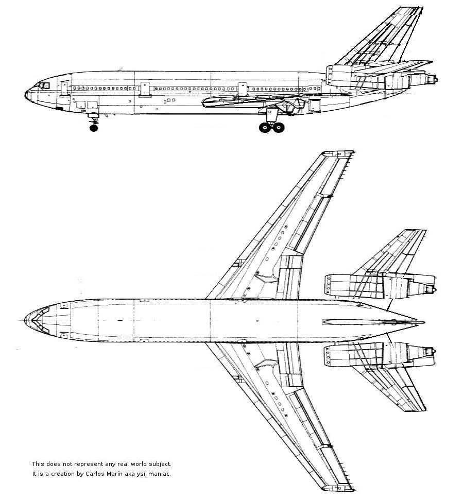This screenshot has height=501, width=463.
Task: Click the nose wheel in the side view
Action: coord(94,128)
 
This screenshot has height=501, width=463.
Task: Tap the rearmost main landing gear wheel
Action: coord(279,128)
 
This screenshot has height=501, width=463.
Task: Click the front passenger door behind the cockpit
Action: coord(64,89)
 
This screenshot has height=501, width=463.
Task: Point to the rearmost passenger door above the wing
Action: coord(243,89)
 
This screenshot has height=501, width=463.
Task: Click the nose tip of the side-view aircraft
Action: coord(26,94)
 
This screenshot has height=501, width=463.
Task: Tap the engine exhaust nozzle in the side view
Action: coord(433,79)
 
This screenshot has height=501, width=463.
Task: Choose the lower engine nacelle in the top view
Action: coord(380,354)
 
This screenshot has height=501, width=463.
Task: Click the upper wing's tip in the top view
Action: coord(339,153)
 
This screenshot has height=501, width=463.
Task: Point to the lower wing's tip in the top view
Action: coord(339,489)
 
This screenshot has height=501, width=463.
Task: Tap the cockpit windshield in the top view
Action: coord(40,320)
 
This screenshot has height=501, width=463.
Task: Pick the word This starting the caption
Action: coord(38,464)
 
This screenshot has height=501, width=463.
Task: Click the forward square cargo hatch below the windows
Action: coord(81,105)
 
